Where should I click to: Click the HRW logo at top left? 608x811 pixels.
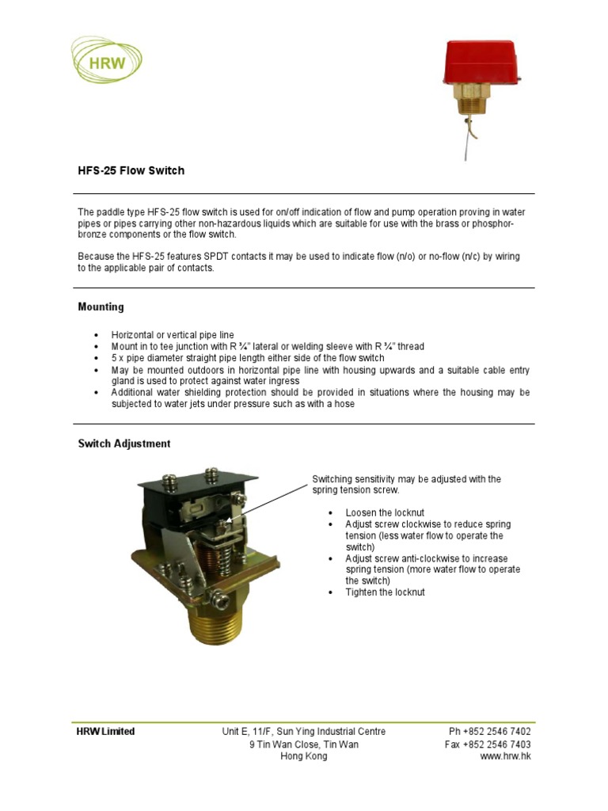point(107,61)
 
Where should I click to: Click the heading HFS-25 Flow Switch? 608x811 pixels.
point(131,170)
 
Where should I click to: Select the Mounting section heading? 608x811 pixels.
point(101,307)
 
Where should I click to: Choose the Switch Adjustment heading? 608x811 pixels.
point(123,444)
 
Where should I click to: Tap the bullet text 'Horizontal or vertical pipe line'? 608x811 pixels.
point(173,335)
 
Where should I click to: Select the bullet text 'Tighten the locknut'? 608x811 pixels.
point(385,592)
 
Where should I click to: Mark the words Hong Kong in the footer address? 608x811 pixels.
point(304,756)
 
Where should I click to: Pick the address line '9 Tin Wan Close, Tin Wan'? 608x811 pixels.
point(304,744)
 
